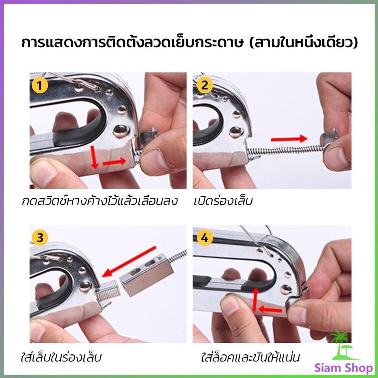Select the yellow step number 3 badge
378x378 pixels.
(40, 238)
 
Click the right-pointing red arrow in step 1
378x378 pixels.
(115, 162)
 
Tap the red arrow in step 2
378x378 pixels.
(289, 139)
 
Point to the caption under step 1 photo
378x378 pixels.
(99, 202)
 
